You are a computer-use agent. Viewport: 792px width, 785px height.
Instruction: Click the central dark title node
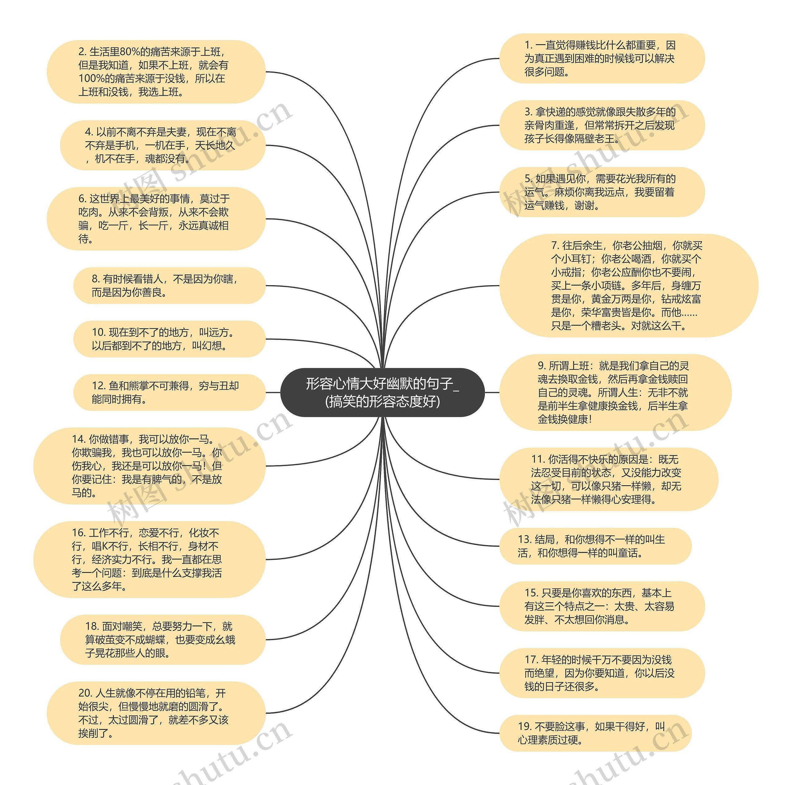[382, 392]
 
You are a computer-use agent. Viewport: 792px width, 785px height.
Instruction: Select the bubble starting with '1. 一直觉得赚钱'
[601, 58]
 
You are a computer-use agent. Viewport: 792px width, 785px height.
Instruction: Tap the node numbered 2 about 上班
[156, 72]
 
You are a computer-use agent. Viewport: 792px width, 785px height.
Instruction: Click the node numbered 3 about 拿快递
[601, 125]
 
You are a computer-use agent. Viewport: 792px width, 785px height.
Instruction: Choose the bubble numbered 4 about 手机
[162, 145]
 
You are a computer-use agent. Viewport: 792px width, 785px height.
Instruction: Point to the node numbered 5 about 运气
[601, 192]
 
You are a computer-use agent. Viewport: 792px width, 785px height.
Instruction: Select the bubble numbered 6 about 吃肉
[156, 219]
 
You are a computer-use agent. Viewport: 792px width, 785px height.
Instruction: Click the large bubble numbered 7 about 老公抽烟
[628, 286]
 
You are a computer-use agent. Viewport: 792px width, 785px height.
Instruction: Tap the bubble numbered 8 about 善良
[169, 286]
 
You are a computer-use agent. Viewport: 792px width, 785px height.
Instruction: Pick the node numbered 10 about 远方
[169, 339]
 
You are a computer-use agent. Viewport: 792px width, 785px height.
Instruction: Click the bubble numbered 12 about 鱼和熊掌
[169, 392]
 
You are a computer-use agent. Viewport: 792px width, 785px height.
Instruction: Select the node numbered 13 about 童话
[595, 546]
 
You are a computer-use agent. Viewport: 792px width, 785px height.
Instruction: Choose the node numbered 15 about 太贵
[601, 606]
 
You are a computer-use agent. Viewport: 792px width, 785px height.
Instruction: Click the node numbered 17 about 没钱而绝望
[601, 673]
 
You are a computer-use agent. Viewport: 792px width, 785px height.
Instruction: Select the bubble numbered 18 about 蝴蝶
[162, 639]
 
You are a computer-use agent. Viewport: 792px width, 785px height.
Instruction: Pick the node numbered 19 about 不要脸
[595, 733]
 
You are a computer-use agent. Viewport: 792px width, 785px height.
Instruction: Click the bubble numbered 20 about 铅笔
[156, 713]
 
